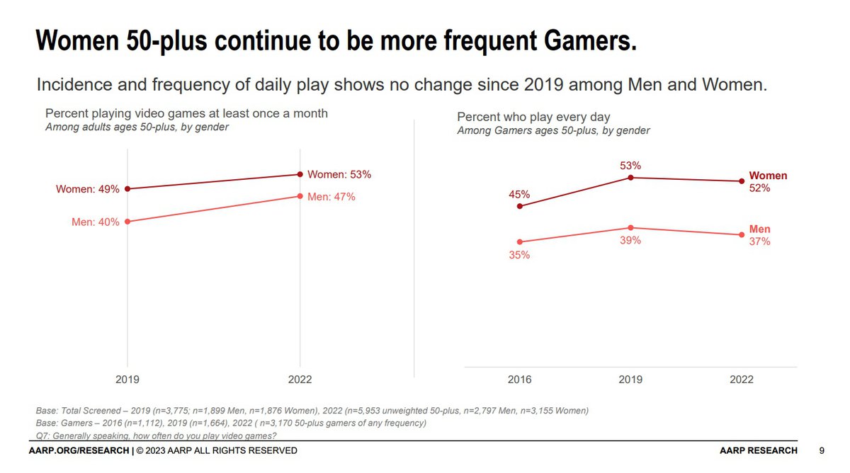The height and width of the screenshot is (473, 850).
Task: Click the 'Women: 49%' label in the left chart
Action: point(88,189)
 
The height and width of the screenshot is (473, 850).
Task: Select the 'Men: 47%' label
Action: point(331,197)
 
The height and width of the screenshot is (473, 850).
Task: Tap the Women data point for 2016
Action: point(520,206)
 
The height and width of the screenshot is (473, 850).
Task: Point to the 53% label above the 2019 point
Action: point(630,166)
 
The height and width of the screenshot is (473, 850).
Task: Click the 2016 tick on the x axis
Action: point(520,380)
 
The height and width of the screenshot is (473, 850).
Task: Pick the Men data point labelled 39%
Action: point(630,227)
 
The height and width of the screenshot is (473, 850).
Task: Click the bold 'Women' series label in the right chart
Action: point(768,176)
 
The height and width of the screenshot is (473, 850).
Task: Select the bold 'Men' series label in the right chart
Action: point(759,229)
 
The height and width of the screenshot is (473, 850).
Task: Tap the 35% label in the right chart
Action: point(519,255)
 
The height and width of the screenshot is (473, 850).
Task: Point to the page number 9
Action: point(822,450)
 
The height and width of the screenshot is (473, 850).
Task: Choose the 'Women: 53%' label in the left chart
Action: point(339,174)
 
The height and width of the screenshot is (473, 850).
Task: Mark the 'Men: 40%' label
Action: point(95,222)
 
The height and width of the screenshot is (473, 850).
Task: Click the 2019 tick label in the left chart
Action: point(127,380)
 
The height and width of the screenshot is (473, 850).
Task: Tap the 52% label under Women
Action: point(759,188)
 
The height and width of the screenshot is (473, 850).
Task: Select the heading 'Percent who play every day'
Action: point(533,117)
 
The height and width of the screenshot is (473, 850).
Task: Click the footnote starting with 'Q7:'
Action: point(156,435)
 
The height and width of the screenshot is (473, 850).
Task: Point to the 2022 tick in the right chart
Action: point(742,380)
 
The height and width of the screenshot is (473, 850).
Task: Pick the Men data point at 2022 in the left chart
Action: point(300,196)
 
